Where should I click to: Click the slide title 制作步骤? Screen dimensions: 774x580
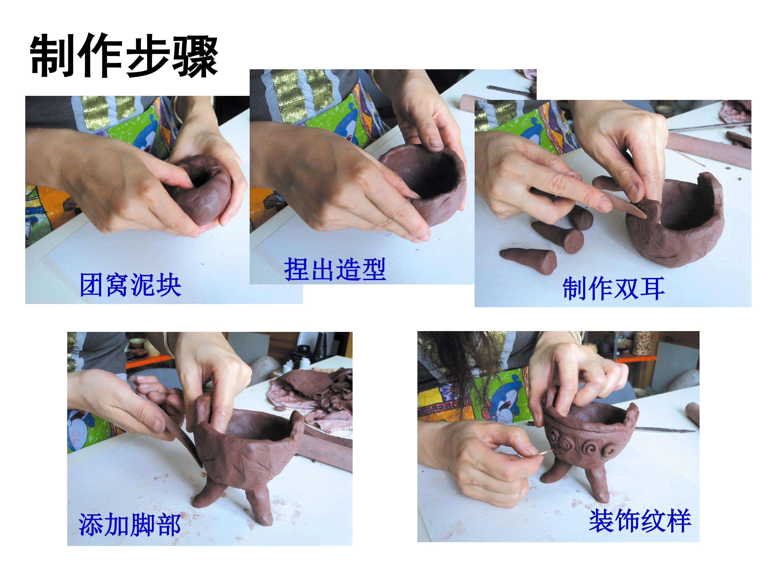(124, 56)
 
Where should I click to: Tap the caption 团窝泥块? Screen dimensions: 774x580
(131, 285)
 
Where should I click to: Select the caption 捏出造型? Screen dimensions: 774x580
(335, 269)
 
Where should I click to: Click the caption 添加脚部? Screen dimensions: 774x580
(130, 525)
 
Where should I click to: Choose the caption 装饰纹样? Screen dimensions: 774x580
(640, 521)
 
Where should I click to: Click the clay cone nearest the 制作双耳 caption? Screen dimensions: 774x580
(528, 260)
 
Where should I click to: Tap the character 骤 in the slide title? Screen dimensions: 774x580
(196, 56)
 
